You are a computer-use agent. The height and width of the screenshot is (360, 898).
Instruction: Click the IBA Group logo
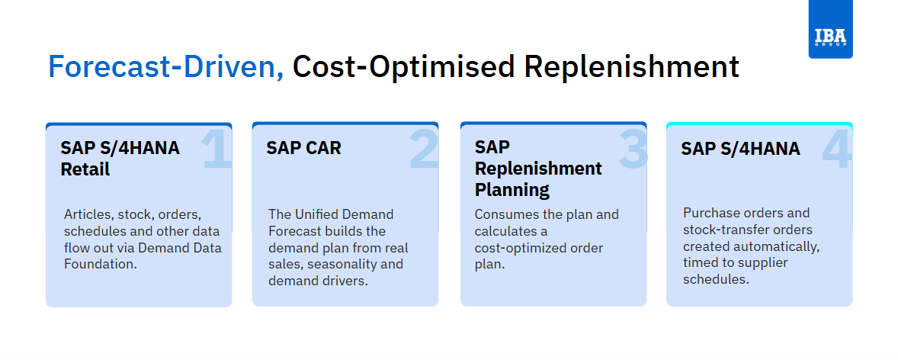tap(830, 29)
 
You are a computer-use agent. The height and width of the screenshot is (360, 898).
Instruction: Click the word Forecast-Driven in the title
tap(166, 67)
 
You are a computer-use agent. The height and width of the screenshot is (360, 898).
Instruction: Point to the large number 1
tap(217, 150)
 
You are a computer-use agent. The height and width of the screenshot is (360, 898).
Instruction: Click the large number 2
tap(424, 150)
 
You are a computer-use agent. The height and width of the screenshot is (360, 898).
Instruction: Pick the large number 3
tap(633, 150)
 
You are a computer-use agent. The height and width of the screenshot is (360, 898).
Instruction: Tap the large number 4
tap(838, 150)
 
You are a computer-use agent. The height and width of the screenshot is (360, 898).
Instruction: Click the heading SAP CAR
tap(303, 148)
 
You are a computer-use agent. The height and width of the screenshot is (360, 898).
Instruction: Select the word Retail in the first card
tap(85, 169)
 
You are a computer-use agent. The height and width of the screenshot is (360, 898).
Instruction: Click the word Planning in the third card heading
tap(512, 190)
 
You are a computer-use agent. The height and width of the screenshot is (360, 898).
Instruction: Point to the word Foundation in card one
tap(101, 265)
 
